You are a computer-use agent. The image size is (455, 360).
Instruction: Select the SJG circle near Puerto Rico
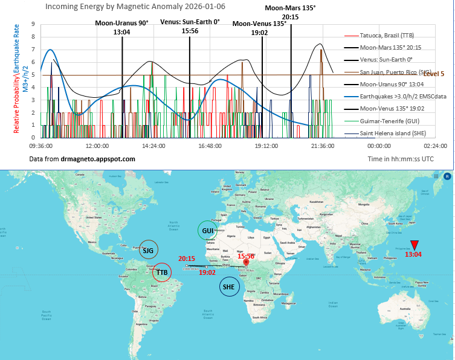(148, 249)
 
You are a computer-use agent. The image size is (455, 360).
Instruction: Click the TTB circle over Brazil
(161, 272)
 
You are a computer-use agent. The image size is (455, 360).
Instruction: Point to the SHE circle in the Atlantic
(228, 287)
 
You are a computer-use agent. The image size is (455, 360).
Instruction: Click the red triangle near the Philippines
(414, 245)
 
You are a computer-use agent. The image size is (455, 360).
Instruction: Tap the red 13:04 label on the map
(413, 254)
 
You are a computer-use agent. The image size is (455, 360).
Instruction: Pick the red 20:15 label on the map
(186, 259)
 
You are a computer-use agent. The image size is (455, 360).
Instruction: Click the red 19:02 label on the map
(207, 272)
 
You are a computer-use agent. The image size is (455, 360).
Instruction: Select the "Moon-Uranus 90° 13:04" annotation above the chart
(121, 27)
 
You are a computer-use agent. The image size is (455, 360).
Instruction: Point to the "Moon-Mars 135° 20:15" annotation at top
(290, 12)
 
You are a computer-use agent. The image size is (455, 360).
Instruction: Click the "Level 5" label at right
(434, 74)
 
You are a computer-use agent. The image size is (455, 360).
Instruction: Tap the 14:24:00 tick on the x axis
(153, 146)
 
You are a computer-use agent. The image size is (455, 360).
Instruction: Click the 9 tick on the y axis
(34, 25)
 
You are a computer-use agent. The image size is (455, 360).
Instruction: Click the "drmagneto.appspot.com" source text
(98, 158)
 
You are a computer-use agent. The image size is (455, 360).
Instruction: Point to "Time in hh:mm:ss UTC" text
(400, 158)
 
